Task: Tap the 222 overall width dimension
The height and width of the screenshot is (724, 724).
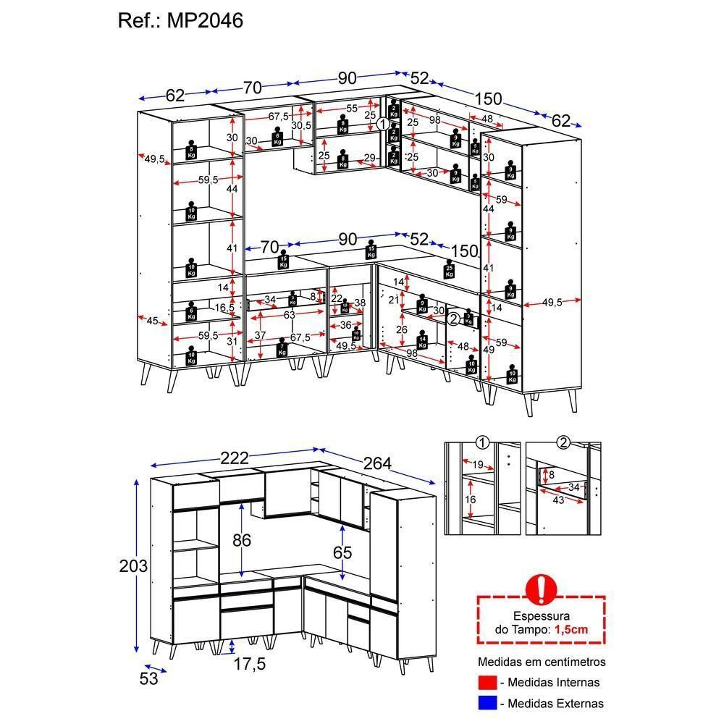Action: [x=234, y=458]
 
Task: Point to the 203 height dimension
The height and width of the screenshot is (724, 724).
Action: [x=133, y=566]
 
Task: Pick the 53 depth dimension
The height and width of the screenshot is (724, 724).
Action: [x=149, y=678]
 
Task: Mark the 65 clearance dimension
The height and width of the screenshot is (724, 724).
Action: [x=342, y=553]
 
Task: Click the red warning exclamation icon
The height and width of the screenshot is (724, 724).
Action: [x=540, y=589]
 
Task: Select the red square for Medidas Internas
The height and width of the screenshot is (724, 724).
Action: [x=487, y=682]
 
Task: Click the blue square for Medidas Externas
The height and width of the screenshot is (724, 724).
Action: [x=487, y=702]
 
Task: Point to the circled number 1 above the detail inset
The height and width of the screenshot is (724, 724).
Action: [x=481, y=442]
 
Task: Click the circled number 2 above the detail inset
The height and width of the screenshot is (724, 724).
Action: [x=564, y=442]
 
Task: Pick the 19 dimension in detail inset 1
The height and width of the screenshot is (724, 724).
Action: [x=478, y=465]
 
